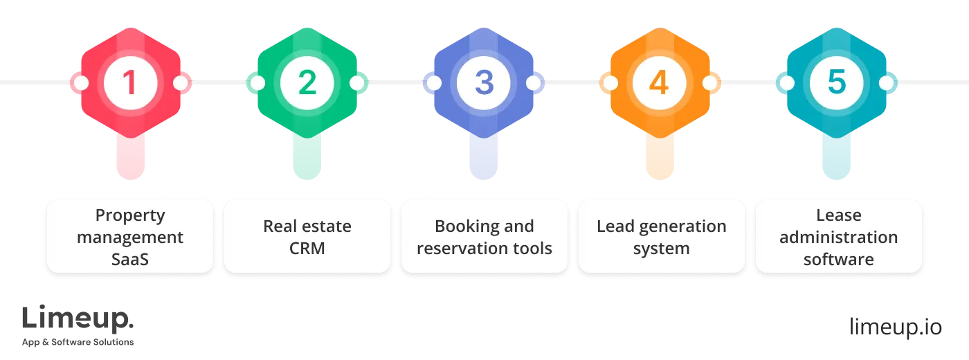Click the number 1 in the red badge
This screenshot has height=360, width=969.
coord(129,83)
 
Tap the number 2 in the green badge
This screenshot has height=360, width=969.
coord(307,83)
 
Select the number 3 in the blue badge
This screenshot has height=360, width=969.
coord(484,83)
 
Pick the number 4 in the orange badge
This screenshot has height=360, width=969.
coord(660,83)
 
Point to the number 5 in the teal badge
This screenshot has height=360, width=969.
coord(837,83)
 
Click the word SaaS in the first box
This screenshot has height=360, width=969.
coord(130,260)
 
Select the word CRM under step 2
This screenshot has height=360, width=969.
coord(307,248)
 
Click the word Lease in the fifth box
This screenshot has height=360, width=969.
coord(838,215)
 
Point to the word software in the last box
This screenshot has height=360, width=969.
coord(838,260)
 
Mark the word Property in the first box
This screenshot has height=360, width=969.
coord(130,215)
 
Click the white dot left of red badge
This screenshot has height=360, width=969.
coord(81,83)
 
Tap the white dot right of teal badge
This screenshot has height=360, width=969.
coord(887,83)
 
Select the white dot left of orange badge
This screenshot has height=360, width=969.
coord(610,83)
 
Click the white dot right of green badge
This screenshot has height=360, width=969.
coord(356,83)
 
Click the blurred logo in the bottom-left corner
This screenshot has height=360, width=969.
coord(79,325)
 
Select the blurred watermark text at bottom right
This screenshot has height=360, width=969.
coord(896,327)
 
